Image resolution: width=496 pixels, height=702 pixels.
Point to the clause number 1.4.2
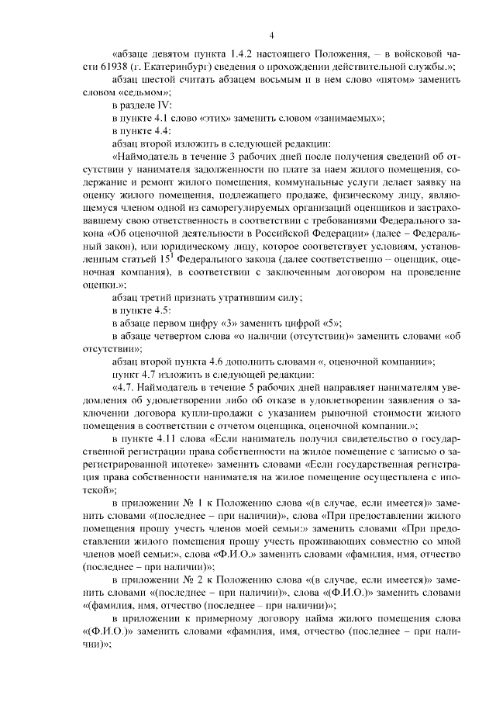[x=243, y=55]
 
